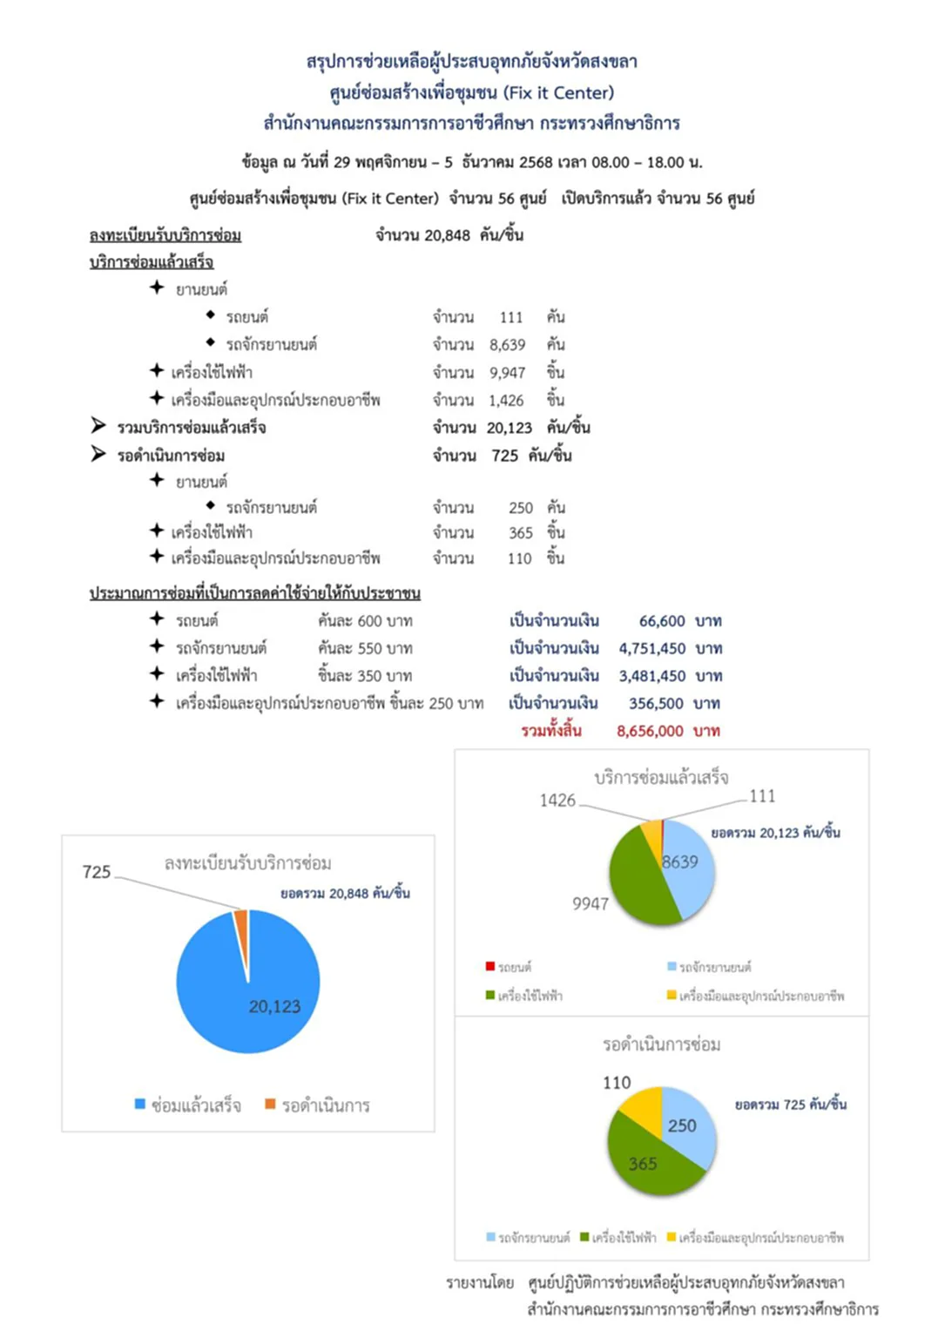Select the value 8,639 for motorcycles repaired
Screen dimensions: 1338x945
point(507,345)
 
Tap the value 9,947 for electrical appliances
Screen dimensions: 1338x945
point(507,373)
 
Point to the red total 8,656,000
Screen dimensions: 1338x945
point(650,731)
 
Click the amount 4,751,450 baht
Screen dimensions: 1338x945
point(651,648)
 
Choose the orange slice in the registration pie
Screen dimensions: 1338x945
point(241,922)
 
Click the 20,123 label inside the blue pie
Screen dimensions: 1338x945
point(274,1007)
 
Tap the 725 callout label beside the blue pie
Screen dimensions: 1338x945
point(97,872)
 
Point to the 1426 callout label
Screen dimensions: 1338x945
point(557,801)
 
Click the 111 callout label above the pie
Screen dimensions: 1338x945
point(762,796)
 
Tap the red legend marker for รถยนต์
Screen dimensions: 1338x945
point(490,967)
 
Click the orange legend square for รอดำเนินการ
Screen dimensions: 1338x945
point(271,1105)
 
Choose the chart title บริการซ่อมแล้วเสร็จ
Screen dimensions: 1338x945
point(661,778)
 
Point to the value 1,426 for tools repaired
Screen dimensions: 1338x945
point(506,401)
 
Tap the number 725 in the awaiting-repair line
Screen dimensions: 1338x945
point(504,456)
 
